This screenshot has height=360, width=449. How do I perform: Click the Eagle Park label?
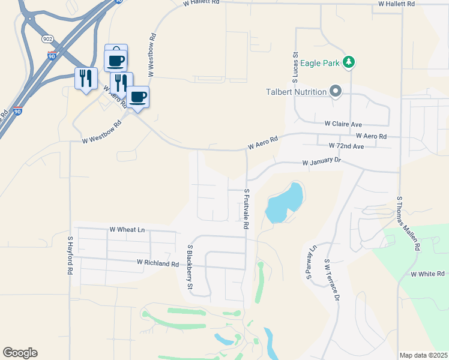(x=319, y=62)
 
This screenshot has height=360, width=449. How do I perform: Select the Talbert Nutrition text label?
(x=297, y=92)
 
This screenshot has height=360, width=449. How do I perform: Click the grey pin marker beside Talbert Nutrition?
(x=336, y=92)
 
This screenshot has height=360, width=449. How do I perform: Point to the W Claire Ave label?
(x=344, y=124)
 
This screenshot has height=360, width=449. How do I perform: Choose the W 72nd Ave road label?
(x=346, y=146)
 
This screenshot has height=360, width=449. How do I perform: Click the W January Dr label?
(x=322, y=162)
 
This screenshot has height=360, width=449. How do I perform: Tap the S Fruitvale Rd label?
(x=246, y=209)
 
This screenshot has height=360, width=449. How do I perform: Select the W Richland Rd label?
(x=158, y=263)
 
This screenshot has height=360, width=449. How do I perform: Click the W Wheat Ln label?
(x=127, y=230)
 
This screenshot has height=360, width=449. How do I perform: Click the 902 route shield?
(x=48, y=38)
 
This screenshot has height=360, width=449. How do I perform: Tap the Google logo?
(x=20, y=353)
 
